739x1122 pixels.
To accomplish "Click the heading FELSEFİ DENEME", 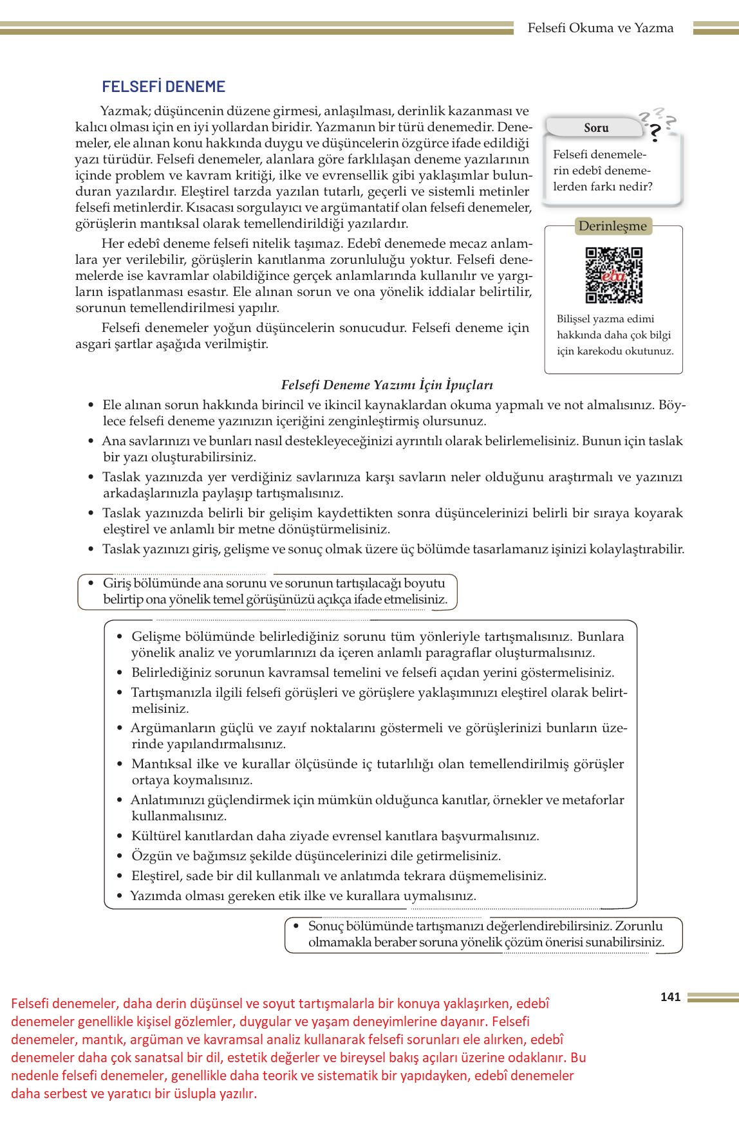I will [x=164, y=87].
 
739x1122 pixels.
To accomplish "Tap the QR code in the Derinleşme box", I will [x=613, y=275].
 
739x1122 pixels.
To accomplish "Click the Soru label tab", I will [x=596, y=128].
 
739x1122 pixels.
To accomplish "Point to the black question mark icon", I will [x=655, y=133].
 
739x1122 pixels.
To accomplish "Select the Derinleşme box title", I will [x=612, y=226].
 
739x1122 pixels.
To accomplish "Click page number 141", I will [x=670, y=997].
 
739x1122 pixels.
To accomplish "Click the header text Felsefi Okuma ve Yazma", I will [x=600, y=28].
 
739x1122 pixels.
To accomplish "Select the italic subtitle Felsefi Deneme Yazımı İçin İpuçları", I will [x=387, y=385].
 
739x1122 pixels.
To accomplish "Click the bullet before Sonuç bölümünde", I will [x=296, y=926].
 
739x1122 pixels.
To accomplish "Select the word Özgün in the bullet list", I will [x=149, y=856].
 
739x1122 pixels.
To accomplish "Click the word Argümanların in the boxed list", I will [x=167, y=728].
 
